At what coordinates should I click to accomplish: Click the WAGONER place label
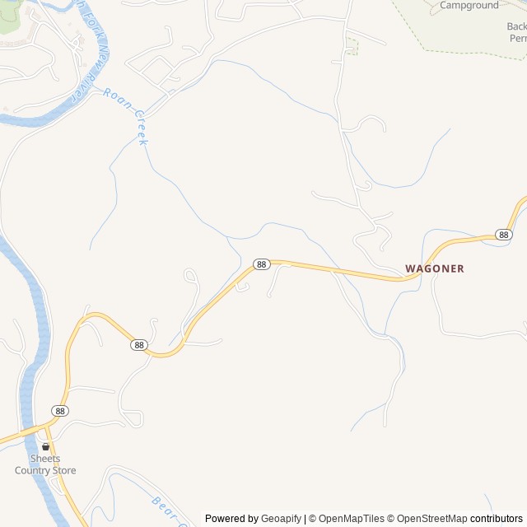435,268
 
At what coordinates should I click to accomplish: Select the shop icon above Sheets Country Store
45,446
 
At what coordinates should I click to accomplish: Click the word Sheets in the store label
45,459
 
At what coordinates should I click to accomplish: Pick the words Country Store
45,471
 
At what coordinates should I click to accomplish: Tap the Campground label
469,5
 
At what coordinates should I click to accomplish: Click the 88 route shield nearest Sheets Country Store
59,410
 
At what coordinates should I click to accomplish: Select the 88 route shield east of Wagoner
505,235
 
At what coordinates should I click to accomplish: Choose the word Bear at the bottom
161,503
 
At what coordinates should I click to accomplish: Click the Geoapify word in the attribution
281,519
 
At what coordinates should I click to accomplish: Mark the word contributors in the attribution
497,519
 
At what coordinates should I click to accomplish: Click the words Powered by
231,519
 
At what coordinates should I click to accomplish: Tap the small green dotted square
352,48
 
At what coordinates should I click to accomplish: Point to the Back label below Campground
516,26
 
